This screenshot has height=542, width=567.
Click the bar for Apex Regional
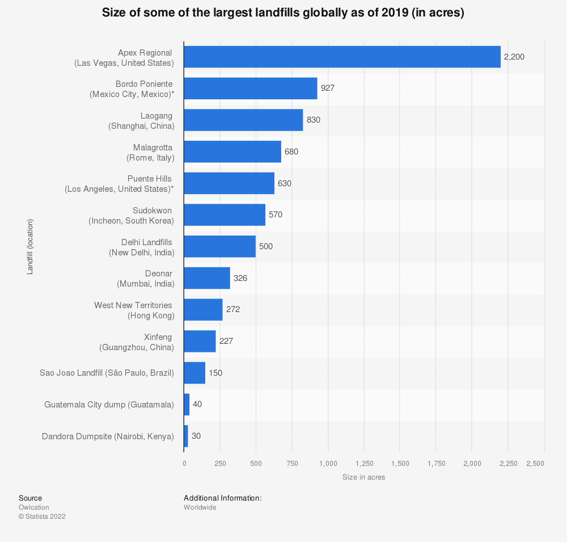(x=342, y=57)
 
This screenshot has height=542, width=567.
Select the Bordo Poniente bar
(x=250, y=89)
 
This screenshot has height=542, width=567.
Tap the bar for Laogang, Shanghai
(x=243, y=120)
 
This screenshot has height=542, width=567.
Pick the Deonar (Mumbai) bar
(x=207, y=278)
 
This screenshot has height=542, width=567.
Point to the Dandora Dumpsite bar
(x=186, y=436)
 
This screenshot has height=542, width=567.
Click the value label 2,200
(x=514, y=57)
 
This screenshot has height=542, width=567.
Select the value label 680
(x=291, y=152)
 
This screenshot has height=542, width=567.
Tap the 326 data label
(x=240, y=278)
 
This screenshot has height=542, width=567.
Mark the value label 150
(x=215, y=373)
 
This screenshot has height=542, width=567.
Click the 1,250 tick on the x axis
(x=364, y=464)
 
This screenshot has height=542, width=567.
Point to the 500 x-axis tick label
(x=256, y=464)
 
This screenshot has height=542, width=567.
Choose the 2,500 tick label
(x=535, y=464)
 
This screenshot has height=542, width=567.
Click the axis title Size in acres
(x=363, y=477)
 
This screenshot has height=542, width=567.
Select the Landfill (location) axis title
(x=30, y=246)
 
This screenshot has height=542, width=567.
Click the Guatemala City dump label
(x=109, y=405)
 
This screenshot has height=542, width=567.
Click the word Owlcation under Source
(x=34, y=507)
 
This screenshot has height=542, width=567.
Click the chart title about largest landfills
(x=283, y=14)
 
